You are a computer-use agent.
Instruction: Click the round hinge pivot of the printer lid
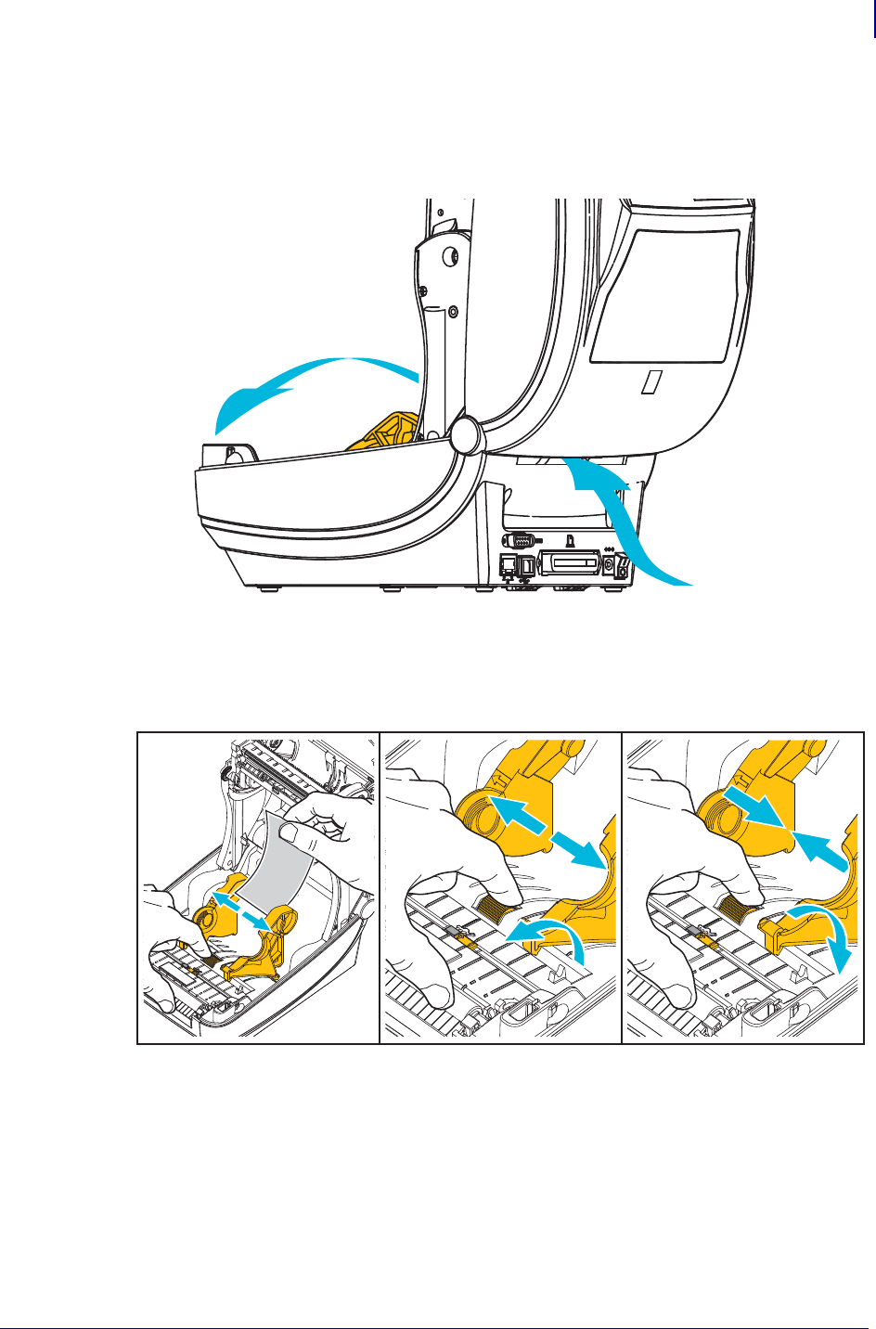tap(465, 433)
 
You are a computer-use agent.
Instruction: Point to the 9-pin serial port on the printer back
tap(521, 539)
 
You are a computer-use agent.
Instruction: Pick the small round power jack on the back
tap(609, 562)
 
